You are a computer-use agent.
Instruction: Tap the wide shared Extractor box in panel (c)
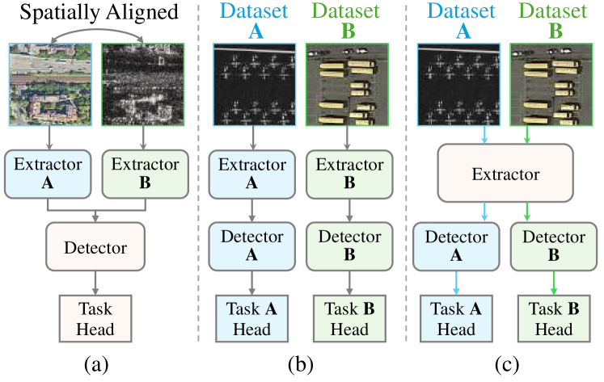(504, 173)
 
